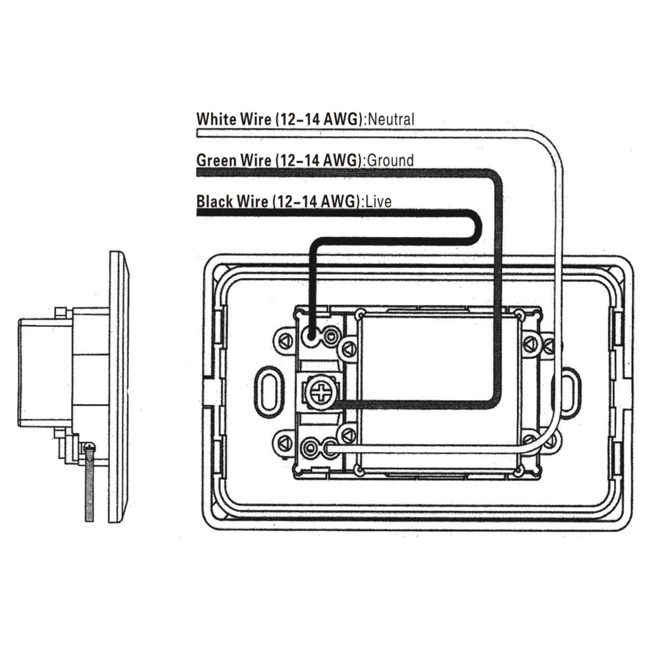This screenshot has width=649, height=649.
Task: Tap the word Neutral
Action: click(x=390, y=120)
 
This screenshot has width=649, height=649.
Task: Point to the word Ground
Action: click(x=390, y=160)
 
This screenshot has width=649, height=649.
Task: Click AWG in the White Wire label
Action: click(x=340, y=119)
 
